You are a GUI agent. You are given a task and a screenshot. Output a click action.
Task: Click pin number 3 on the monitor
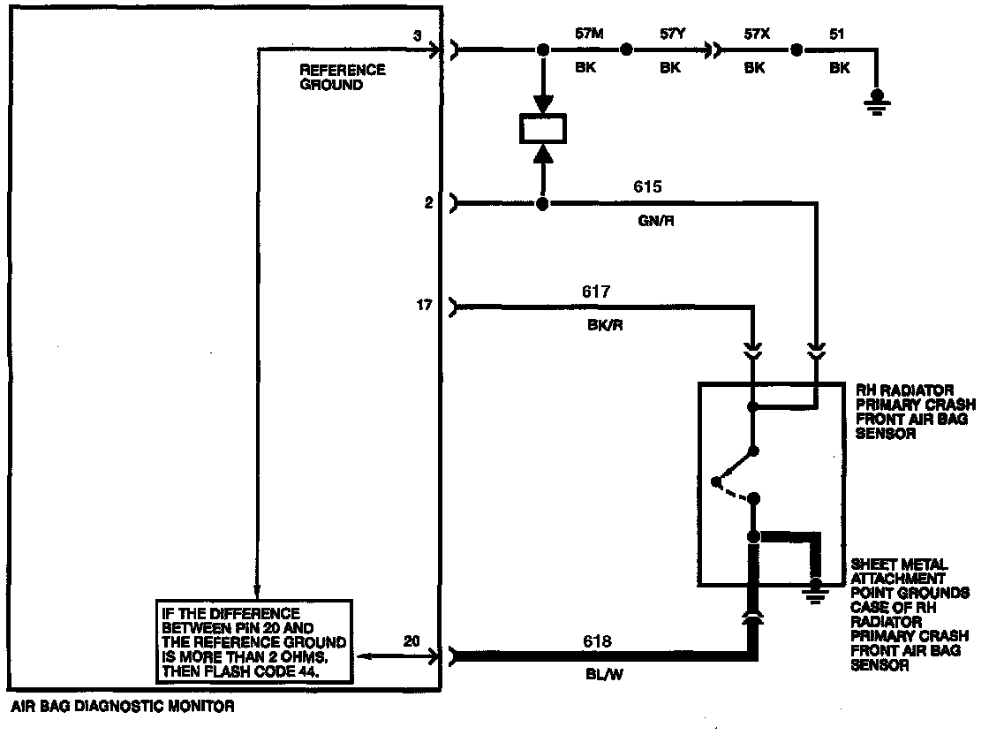[x=417, y=35]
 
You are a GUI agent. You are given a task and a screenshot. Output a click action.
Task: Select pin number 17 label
[x=424, y=306]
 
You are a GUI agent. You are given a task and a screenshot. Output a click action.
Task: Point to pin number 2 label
[x=428, y=203]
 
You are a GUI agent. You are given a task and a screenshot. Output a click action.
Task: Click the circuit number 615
[x=647, y=187]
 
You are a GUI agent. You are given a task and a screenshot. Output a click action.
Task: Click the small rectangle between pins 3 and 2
[x=543, y=130]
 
